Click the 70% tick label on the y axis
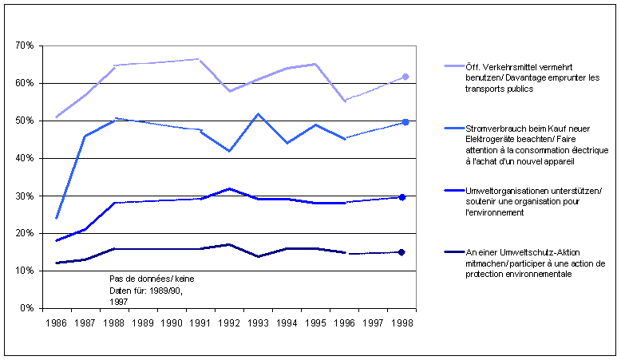24,46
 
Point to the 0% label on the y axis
26,308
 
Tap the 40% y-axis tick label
24,159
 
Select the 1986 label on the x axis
56,324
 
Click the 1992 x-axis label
229,324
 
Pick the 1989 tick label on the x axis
143,324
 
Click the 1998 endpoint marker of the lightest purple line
405,77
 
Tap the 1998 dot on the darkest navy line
401,252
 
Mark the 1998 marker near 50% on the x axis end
405,122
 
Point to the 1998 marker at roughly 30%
402,197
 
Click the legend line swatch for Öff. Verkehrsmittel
431,66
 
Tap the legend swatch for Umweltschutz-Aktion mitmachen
431,253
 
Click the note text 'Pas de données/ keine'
152,279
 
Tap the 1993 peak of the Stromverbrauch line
259,114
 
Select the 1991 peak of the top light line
198,59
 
